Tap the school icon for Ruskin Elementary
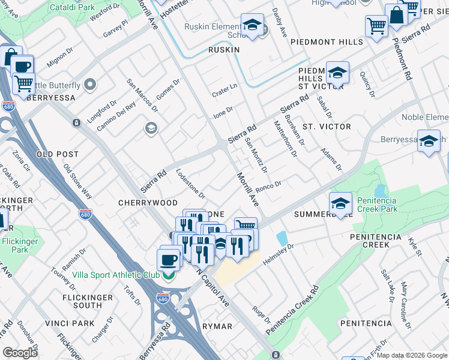(253, 25)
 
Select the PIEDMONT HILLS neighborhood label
(327, 43)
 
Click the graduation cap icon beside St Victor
(337, 73)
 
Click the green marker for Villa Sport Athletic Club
(169, 275)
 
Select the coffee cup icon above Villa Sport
(168, 259)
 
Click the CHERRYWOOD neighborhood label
(148, 203)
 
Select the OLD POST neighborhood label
(58, 154)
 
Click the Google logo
(20, 352)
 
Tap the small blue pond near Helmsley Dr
(282, 238)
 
